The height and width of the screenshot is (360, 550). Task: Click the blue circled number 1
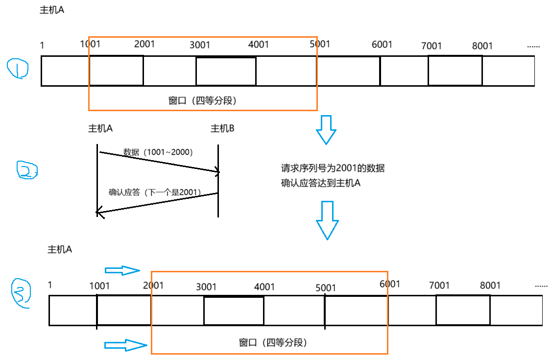tap(18, 69)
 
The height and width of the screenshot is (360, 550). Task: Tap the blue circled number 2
tap(27, 170)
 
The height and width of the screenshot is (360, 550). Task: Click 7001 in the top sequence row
tap(431, 46)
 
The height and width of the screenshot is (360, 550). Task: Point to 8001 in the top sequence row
tap(482, 46)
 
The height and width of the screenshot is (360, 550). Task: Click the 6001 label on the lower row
tap(390, 284)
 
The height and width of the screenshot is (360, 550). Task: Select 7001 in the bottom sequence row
tap(439, 286)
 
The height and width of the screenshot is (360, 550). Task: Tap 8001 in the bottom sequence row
tap(490, 286)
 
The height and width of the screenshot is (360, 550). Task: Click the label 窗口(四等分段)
tap(202, 101)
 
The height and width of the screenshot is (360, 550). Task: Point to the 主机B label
tap(222, 129)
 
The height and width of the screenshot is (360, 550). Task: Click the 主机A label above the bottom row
tap(60, 249)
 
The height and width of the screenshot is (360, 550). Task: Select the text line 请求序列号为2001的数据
tap(333, 168)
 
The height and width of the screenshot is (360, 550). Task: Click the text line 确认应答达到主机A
tap(321, 184)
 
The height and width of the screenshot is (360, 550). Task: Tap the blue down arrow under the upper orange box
tap(326, 130)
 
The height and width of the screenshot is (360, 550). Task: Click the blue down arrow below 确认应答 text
tap(327, 220)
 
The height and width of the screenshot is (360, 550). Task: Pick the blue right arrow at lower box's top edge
tap(122, 270)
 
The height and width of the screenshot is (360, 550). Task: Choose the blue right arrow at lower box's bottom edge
tap(126, 345)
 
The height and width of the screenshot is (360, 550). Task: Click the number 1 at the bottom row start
tap(50, 285)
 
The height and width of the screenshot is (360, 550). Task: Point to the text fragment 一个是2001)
tap(180, 192)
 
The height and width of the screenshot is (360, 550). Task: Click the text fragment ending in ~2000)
tap(176, 152)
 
